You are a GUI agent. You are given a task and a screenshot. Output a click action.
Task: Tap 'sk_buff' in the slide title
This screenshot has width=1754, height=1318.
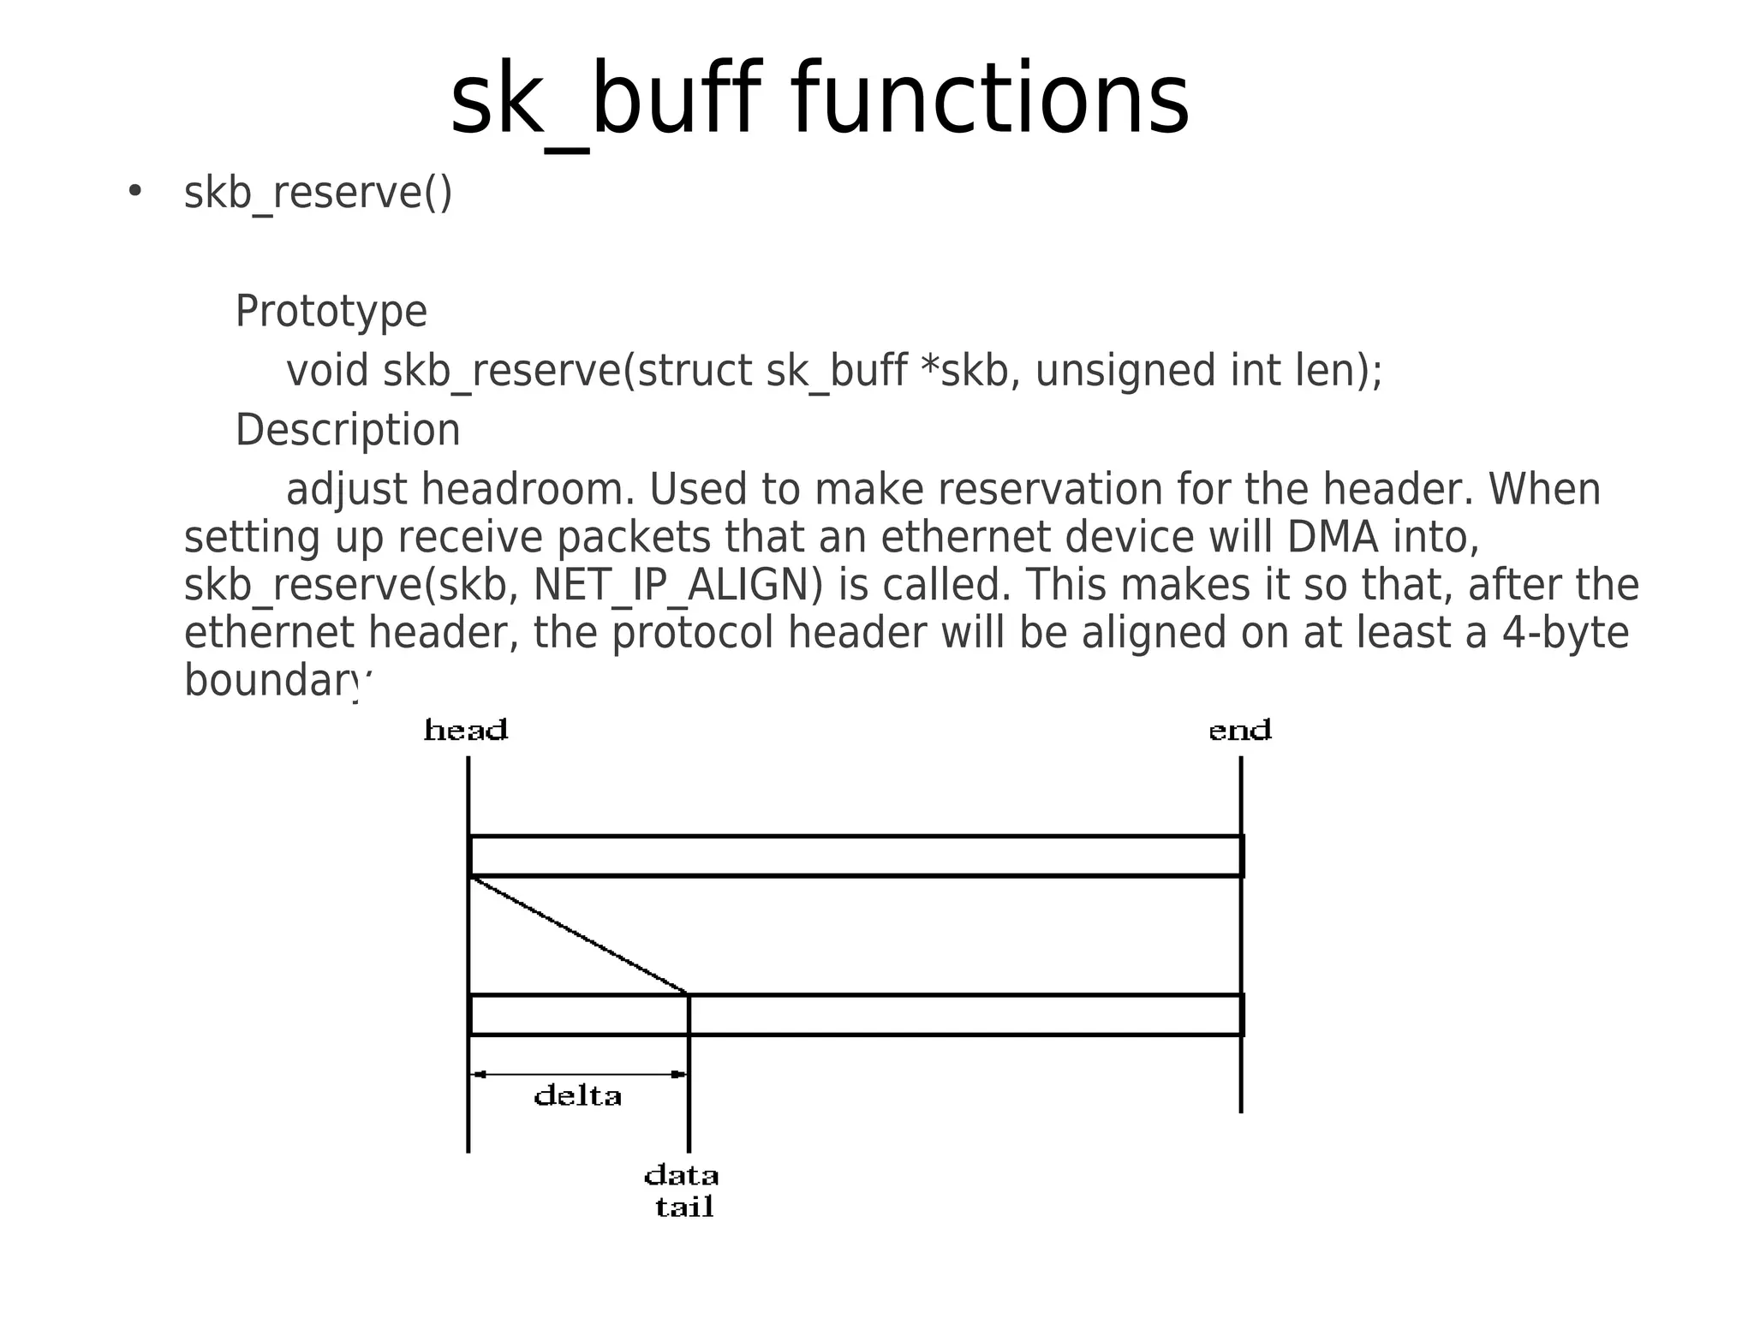coord(605,100)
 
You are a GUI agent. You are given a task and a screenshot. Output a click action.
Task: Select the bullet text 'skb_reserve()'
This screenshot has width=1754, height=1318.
coord(318,193)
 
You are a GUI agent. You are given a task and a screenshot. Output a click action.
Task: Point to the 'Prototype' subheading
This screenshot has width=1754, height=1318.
coord(331,311)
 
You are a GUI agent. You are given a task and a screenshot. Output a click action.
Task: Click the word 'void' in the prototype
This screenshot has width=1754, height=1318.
coord(327,371)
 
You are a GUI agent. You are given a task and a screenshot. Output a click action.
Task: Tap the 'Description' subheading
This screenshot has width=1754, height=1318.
coord(348,430)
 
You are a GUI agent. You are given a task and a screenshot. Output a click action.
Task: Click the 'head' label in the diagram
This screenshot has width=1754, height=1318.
coord(466,731)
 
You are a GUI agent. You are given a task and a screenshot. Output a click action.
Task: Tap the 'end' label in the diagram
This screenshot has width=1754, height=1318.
coord(1239,731)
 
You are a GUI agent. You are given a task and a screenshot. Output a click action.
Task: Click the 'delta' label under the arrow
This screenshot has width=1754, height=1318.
coord(577,1096)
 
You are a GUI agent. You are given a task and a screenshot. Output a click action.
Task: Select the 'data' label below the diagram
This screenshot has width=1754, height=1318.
coord(681,1175)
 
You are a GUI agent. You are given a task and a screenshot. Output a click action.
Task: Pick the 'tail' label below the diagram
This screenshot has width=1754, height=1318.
coord(684,1208)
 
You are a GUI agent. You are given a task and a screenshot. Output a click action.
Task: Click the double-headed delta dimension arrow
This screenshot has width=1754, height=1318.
coord(579,1074)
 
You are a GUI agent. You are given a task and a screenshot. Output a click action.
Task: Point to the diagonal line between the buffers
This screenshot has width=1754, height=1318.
coord(579,934)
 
